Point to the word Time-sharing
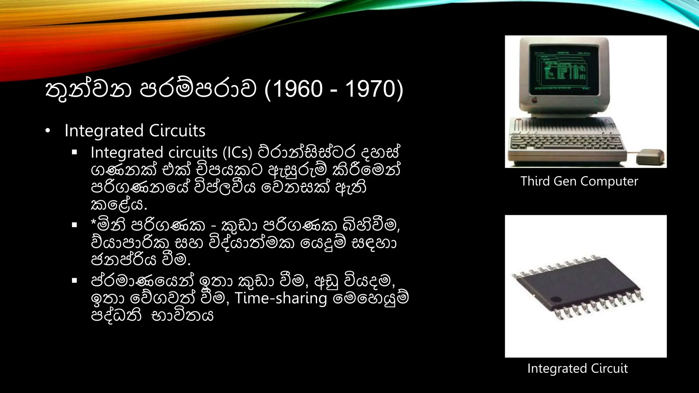point(281,298)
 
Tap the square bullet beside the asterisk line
point(74,225)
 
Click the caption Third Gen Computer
point(579,181)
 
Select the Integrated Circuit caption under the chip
point(577,368)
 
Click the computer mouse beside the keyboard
point(651,157)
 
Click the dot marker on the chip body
point(556,300)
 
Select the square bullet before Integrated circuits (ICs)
point(74,152)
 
